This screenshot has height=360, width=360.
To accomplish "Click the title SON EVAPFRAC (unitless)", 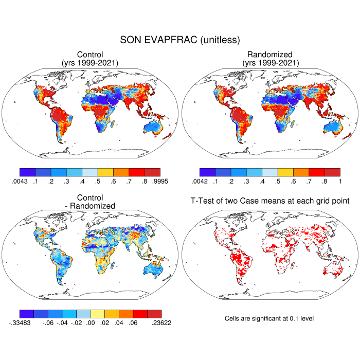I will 180,40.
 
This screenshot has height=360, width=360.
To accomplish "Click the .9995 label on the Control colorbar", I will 160,181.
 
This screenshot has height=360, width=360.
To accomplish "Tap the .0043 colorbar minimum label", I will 19,181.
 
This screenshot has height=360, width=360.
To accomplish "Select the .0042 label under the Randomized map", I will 199,181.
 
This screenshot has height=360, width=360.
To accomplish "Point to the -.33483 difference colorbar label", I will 20,322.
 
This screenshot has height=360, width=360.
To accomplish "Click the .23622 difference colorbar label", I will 160,322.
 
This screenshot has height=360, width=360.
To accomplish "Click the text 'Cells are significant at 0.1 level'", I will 269,318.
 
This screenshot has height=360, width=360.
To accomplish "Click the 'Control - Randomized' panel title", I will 90,202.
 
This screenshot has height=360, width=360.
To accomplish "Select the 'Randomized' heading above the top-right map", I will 269,55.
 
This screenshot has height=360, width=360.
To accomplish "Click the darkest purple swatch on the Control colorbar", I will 27,172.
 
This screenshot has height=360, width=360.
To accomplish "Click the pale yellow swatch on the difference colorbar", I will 98,314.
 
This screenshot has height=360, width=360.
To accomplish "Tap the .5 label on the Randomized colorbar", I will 278,181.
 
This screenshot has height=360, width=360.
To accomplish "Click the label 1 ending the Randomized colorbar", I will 340,181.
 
